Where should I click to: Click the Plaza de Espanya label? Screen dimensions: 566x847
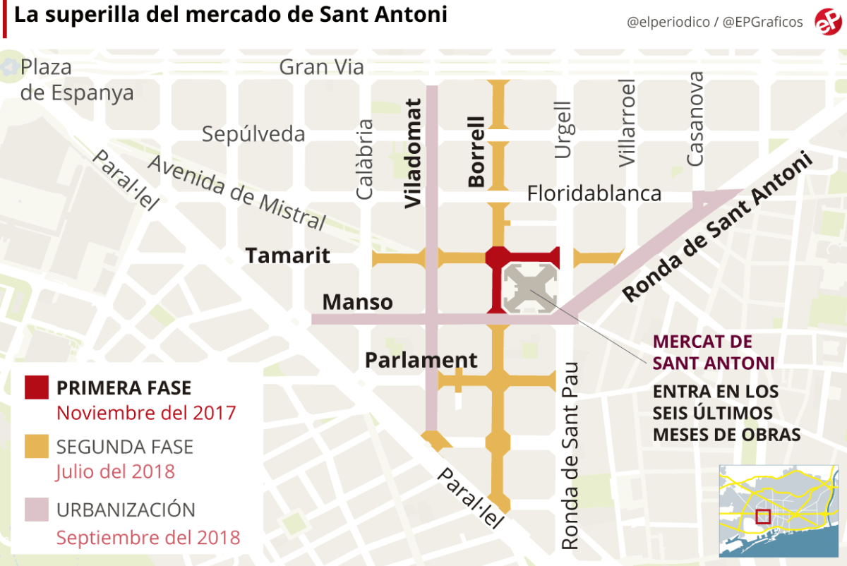click(76, 80)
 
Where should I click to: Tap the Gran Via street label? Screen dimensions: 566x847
click(321, 67)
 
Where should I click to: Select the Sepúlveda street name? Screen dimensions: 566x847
click(253, 134)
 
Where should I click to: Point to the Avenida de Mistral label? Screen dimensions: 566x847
click(236, 192)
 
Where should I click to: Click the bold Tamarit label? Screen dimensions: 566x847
click(287, 255)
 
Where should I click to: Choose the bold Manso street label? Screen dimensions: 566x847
click(357, 302)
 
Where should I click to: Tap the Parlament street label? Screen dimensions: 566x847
click(421, 360)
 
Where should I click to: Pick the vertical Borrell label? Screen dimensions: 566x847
click(477, 152)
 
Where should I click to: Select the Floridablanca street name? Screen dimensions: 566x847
click(594, 193)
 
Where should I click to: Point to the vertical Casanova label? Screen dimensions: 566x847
click(695, 119)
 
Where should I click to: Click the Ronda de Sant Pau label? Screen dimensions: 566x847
click(570, 455)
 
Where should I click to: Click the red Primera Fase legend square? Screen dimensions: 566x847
click(37, 388)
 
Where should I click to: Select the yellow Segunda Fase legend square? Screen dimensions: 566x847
click(37, 447)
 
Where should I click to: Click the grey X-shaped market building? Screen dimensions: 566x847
click(530, 289)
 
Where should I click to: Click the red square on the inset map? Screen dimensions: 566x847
click(763, 517)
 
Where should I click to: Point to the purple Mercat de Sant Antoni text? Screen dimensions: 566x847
click(714, 352)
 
